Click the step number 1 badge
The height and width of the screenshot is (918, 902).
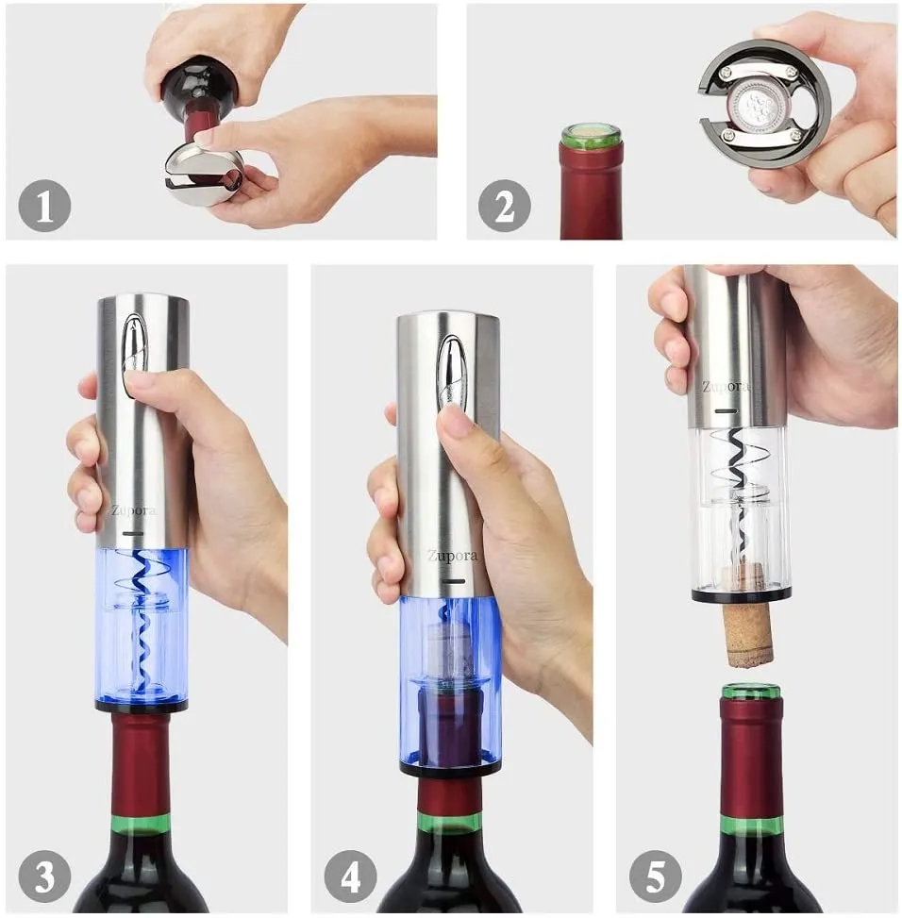[44, 206]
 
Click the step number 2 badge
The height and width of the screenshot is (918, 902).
[504, 206]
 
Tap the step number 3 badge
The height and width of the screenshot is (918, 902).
[44, 876]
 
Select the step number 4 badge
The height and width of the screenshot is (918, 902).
[350, 876]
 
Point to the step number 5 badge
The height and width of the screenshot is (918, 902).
[656, 876]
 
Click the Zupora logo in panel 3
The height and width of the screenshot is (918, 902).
[134, 510]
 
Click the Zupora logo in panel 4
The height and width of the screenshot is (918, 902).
[452, 556]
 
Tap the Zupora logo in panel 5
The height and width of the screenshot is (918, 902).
[726, 387]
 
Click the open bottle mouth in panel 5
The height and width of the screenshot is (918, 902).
[752, 691]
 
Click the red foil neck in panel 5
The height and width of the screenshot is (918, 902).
[752, 759]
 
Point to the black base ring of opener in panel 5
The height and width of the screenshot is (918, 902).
[742, 596]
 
